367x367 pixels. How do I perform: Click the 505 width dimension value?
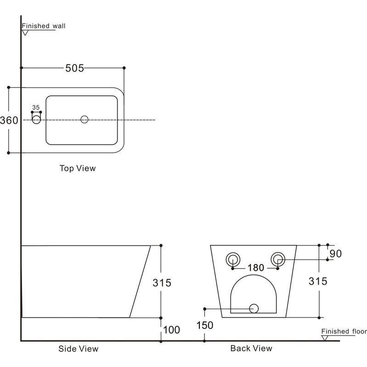(74, 68)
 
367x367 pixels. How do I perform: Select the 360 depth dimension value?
(9, 120)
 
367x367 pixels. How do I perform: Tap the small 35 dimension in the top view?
(36, 107)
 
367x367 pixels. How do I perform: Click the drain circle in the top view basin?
(84, 119)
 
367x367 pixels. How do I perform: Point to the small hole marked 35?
(36, 119)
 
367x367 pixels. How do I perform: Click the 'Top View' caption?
(78, 168)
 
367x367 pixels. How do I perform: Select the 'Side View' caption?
(78, 349)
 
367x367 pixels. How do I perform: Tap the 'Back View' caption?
(251, 348)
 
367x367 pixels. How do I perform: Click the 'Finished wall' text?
(44, 26)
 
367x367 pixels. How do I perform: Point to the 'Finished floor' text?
(344, 331)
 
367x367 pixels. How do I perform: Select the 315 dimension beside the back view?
(318, 281)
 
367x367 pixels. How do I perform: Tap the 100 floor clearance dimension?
(171, 330)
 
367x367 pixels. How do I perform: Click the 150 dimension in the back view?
(204, 325)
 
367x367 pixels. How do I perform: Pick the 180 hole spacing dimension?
(255, 267)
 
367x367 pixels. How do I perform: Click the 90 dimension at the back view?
(336, 253)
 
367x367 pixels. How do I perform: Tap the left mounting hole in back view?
(233, 259)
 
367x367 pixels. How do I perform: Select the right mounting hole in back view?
(277, 259)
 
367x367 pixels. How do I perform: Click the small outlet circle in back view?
(254, 308)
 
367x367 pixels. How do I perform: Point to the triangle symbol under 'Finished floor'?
(325, 338)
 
